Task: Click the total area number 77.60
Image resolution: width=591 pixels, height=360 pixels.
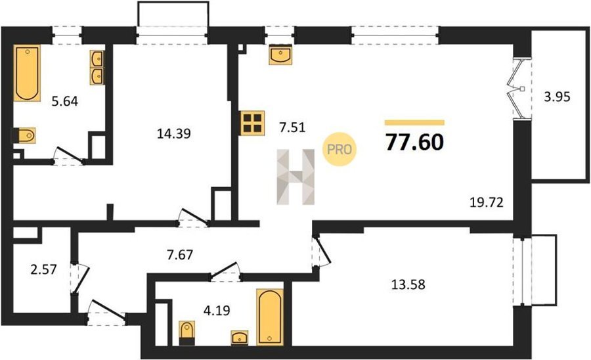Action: [414, 142]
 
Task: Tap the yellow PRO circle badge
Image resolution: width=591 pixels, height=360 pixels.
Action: [339, 150]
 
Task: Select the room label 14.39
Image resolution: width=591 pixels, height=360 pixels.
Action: [174, 133]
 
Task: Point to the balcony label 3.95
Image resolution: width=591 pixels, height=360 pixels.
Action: [557, 97]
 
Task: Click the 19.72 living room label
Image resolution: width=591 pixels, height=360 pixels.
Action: [487, 203]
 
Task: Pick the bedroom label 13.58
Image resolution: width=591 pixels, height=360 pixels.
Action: [408, 284]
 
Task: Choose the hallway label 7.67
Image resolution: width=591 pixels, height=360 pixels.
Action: [180, 255]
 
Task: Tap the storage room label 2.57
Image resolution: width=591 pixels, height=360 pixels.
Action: [44, 269]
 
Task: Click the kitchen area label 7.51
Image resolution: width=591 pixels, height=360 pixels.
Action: [292, 127]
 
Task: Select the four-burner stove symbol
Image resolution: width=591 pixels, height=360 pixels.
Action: [253, 123]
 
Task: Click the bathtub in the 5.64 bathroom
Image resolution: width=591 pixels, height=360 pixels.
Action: [27, 73]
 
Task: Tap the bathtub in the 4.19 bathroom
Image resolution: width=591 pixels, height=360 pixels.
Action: [270, 317]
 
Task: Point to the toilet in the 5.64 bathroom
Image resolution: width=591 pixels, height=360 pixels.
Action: [24, 135]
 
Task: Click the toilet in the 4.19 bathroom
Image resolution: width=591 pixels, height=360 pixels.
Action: [187, 333]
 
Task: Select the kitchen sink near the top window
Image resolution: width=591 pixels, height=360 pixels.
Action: [281, 55]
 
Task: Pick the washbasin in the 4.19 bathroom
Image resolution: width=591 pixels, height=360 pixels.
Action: [240, 338]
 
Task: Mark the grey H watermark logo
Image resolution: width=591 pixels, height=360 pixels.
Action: [296, 177]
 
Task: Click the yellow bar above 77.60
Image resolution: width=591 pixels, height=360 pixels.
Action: [414, 122]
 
